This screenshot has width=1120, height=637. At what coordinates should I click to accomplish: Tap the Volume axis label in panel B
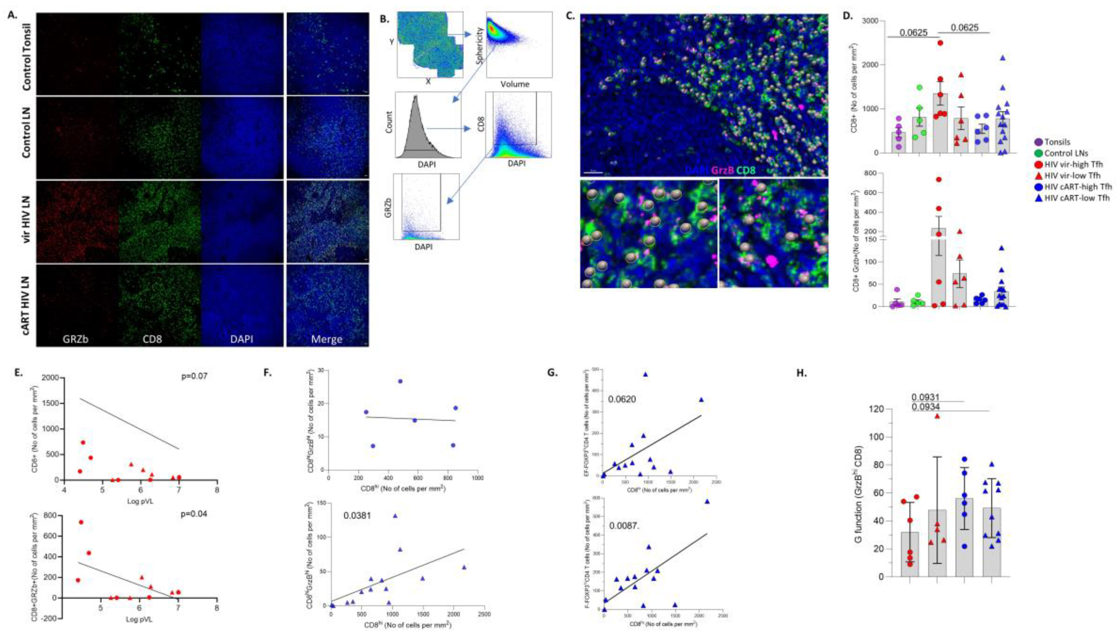(515, 84)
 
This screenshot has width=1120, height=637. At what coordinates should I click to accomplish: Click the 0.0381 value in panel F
(357, 515)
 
